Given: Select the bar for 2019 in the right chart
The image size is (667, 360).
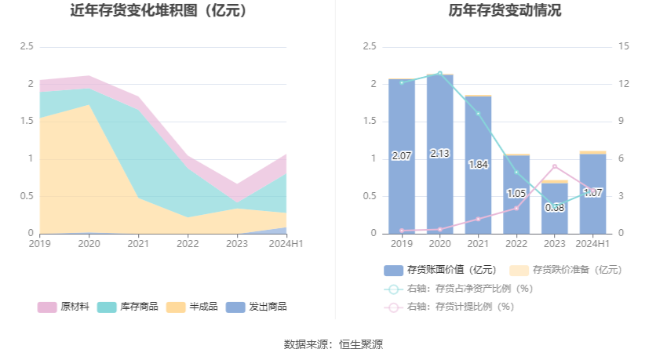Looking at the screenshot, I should click(x=401, y=157).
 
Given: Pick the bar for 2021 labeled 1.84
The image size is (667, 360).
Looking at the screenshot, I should click(x=478, y=165).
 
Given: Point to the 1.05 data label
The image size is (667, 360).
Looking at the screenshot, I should click(x=516, y=193).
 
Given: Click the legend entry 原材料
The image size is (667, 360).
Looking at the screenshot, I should click(x=56, y=307).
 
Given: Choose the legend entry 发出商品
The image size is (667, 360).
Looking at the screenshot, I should click(x=256, y=307).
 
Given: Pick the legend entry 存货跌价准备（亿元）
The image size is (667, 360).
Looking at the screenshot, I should click(x=566, y=270).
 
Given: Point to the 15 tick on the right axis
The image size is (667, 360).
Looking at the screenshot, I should click(x=624, y=47).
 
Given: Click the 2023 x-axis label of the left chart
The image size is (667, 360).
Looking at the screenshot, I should click(x=237, y=244).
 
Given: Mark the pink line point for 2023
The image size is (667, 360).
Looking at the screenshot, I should click(x=555, y=166).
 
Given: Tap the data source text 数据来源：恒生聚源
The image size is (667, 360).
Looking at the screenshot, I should click(x=333, y=344).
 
